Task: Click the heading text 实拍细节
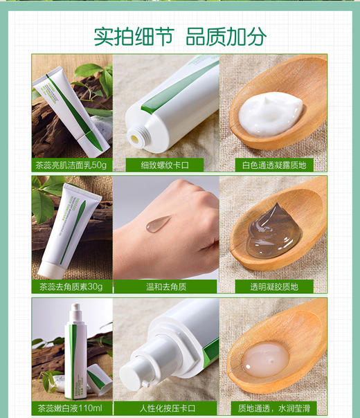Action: pos(133,35)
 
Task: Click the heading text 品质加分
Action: pos(226,35)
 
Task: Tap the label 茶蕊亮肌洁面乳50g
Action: pos(71,165)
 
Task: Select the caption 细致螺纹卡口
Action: pos(165,165)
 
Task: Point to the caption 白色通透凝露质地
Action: pos(273,165)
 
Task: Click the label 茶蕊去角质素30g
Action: pos(71,286)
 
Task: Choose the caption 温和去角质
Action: pos(165,286)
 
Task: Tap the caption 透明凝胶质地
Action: pos(273,286)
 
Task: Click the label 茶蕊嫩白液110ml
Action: pos(71,407)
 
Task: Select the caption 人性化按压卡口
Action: pos(165,407)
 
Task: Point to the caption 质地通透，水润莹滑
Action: pos(273,407)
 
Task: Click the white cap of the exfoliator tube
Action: pos(50,266)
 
